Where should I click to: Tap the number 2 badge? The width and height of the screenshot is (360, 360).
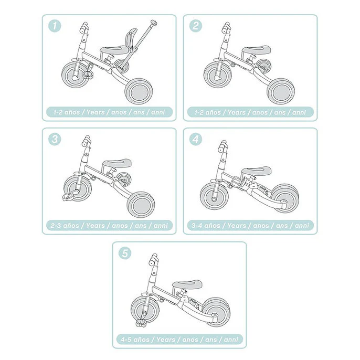coord(195,26)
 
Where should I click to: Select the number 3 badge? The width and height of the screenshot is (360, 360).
coord(54,139)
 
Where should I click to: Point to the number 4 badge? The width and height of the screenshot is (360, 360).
coord(195,140)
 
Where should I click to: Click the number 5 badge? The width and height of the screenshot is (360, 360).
coord(124,253)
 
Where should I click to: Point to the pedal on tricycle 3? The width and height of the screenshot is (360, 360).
coord(66,198)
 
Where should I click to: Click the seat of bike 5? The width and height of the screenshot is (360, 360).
coord(186,283)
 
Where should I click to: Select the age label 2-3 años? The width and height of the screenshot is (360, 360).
coord(65,226)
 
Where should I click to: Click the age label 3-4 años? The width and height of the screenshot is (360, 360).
coord(206,226)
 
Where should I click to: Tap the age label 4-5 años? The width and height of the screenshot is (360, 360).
coord(135,340)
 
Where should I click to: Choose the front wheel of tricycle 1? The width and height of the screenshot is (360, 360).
coord(74,74)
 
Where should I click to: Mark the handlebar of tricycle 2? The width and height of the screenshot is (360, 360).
coord(225,27)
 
